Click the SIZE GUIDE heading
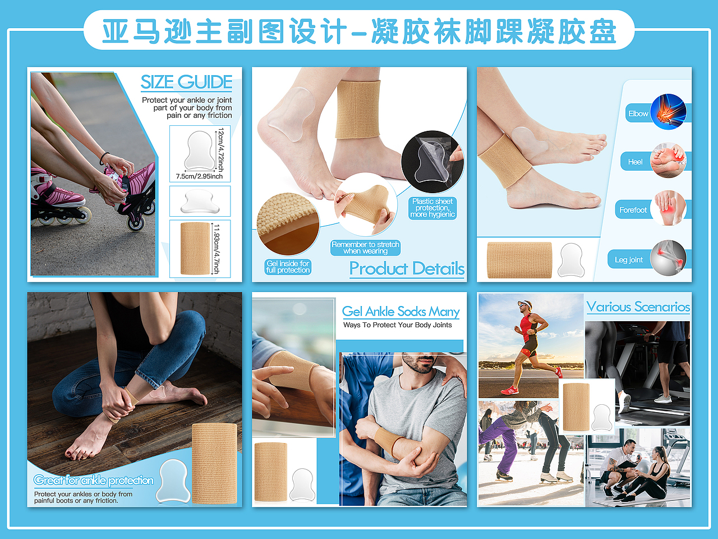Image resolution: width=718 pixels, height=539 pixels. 186,82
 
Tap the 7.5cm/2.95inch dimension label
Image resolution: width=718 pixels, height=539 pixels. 199,176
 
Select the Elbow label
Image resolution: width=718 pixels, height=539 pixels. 638,113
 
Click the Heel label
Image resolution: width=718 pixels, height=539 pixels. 635,162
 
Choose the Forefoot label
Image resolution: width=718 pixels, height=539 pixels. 633,210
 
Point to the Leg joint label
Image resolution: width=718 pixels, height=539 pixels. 629,260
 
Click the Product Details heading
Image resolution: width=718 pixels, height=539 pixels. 407,268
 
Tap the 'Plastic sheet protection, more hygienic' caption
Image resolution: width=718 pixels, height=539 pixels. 432,208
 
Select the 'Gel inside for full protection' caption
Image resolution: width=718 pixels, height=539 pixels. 288,267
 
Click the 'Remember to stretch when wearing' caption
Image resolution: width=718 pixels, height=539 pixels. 365,248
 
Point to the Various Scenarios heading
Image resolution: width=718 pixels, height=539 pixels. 638,307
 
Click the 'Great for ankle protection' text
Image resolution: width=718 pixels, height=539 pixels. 94,480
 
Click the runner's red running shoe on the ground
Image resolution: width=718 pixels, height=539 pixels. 510,390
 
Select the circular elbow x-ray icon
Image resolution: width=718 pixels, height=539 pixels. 668,112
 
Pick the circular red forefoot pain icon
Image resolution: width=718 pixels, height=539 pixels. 668,208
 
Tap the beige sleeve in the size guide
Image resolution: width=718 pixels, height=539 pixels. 195,248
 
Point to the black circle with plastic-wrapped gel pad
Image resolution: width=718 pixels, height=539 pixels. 432,162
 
